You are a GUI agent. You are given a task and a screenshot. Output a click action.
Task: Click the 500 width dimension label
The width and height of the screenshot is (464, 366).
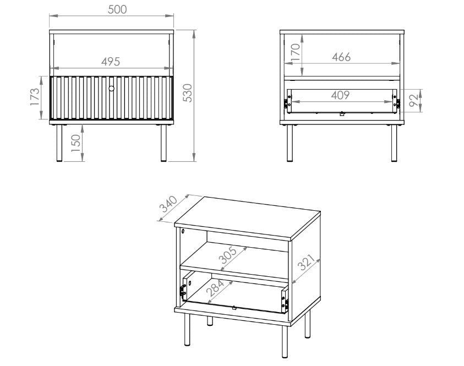coord(117,9)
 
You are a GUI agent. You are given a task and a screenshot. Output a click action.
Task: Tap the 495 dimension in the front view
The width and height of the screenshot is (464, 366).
coord(111,62)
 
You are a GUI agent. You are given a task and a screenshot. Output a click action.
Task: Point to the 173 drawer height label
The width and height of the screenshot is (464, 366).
coord(35,96)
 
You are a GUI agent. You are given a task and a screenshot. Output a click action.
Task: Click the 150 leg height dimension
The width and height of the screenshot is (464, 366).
coord(76,143)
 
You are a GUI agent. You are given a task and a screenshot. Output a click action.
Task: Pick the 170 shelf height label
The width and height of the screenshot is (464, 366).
coord(296,52)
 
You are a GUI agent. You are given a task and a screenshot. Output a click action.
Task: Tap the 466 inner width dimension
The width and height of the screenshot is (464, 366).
coord(341,57)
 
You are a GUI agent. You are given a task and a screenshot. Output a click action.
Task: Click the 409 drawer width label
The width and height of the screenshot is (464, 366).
coord(340,95)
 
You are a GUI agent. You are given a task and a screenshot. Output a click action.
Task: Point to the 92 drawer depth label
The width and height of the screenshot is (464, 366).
coord(414,100)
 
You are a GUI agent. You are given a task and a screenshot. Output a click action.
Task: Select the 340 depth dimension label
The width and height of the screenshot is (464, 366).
coord(168,204)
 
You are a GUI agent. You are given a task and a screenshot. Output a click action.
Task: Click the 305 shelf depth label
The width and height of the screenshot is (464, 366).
coord(227,255)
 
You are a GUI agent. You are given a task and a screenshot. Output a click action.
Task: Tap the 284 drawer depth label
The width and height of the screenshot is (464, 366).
coord(215,288)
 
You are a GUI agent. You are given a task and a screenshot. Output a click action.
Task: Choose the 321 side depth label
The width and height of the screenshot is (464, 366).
coord(306,262)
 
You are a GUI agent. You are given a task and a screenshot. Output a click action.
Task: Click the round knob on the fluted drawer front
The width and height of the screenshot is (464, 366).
coord(111,88)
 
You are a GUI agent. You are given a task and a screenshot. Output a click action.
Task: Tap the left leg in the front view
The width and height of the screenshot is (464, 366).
coord(59,143)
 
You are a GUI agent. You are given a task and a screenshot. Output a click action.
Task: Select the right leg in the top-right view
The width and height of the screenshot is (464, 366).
coord(394,143)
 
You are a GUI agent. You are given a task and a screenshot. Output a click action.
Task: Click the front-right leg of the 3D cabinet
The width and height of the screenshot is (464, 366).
coord(285,342)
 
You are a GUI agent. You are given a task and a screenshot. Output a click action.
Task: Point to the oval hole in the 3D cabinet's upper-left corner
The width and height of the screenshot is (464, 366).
coord(183,231)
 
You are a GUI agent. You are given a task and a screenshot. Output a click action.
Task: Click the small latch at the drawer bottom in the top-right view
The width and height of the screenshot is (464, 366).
coord(342,113)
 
